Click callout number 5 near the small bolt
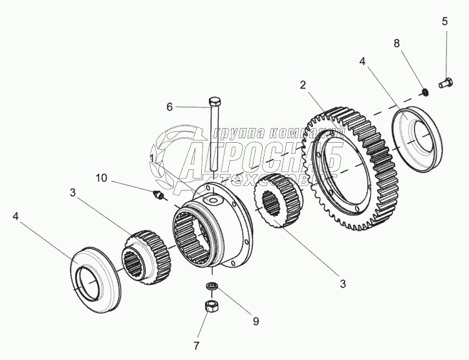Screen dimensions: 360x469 click(x=444, y=22)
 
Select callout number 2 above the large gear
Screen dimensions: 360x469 click(x=301, y=85)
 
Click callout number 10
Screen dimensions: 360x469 click(x=102, y=178)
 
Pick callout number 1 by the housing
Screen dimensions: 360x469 click(x=151, y=157)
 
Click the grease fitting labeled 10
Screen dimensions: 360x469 click(x=160, y=195)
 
